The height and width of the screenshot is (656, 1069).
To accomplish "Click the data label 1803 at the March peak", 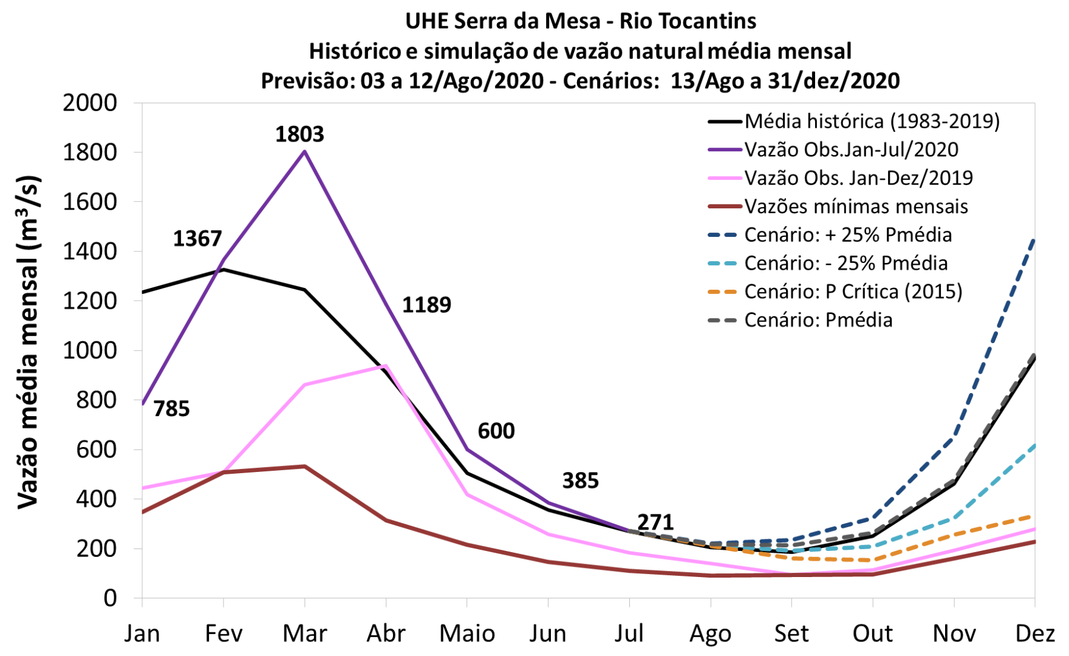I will click(299, 134).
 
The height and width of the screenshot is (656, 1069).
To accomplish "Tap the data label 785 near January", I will click(171, 409).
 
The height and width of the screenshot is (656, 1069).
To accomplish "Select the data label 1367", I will click(197, 239).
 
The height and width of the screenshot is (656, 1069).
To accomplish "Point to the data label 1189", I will click(426, 305).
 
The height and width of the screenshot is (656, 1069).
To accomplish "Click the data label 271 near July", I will click(655, 522).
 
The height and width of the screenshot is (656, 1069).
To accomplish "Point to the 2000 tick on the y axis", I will click(90, 103).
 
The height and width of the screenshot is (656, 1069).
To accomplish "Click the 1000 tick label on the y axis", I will click(90, 350).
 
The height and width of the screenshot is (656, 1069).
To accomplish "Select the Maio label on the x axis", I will click(467, 634).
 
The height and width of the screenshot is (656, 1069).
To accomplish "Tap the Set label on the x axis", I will click(791, 634).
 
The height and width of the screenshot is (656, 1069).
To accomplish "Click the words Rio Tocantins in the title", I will click(688, 21).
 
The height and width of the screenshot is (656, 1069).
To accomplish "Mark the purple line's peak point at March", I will click(305, 151).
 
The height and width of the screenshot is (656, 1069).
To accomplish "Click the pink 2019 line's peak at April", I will click(386, 366).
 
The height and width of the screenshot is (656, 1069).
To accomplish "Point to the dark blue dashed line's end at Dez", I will click(1034, 241).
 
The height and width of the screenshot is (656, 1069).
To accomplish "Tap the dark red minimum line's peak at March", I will click(305, 466).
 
